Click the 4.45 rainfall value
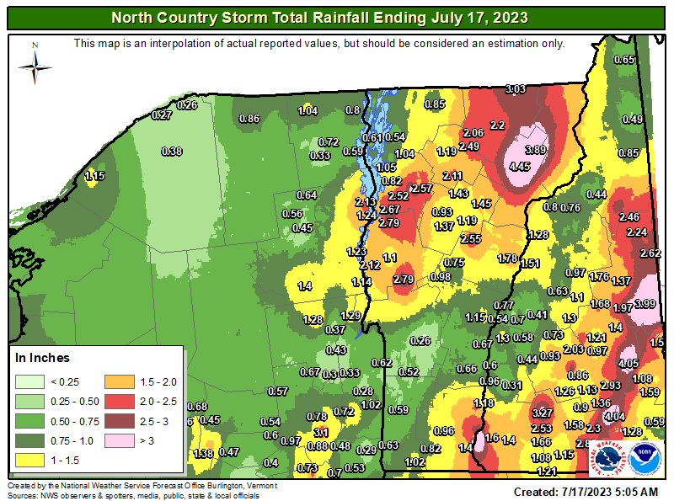click(x=520, y=168)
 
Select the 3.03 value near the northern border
click(x=516, y=88)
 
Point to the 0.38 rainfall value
click(x=172, y=152)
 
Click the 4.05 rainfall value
click(x=629, y=364)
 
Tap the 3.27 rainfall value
click(x=543, y=413)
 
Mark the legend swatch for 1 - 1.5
click(x=27, y=461)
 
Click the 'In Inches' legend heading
click(x=42, y=359)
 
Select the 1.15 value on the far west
click(x=94, y=176)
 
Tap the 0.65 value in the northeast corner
click(x=624, y=59)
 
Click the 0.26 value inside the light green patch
click(x=420, y=341)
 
